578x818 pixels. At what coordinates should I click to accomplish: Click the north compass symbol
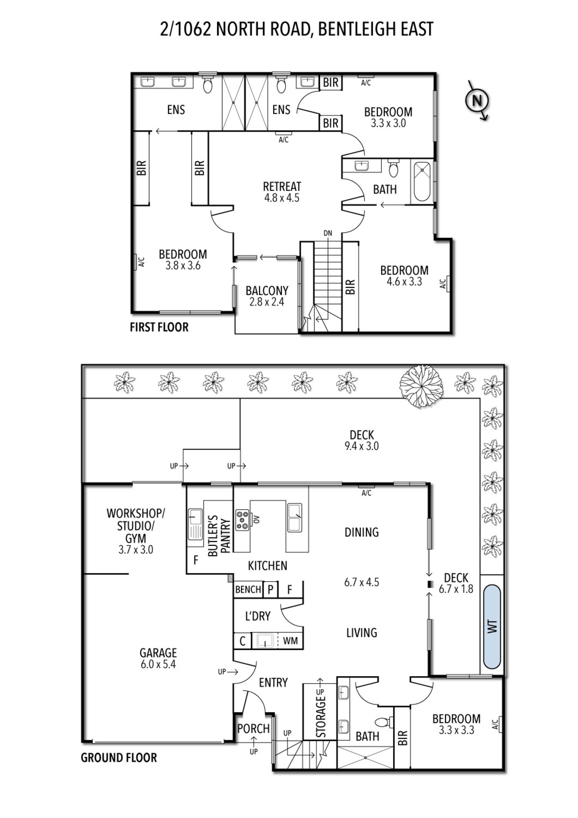tap(477, 100)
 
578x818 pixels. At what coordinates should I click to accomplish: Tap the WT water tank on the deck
tap(492, 626)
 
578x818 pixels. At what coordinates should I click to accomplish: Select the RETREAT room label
tap(282, 187)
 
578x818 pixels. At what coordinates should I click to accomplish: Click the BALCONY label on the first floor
tap(267, 290)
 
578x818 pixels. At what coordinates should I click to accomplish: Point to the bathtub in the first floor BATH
tap(422, 182)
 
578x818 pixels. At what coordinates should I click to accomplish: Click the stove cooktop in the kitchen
tap(243, 520)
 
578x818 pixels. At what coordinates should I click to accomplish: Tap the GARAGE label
tap(158, 652)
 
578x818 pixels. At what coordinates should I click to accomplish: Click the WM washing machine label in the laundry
tap(290, 640)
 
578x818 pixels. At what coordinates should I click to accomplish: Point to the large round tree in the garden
tap(421, 386)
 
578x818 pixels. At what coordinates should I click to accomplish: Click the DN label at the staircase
tap(328, 233)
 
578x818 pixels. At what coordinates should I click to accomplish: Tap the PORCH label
tap(253, 728)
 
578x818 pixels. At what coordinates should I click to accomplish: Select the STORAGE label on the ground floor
tap(321, 717)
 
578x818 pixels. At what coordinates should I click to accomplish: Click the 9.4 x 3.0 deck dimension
tap(362, 446)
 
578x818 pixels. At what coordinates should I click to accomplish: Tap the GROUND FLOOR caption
tap(119, 757)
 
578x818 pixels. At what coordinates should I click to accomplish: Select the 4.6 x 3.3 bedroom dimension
tap(404, 281)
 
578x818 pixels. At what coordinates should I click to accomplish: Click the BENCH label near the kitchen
tap(248, 589)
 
